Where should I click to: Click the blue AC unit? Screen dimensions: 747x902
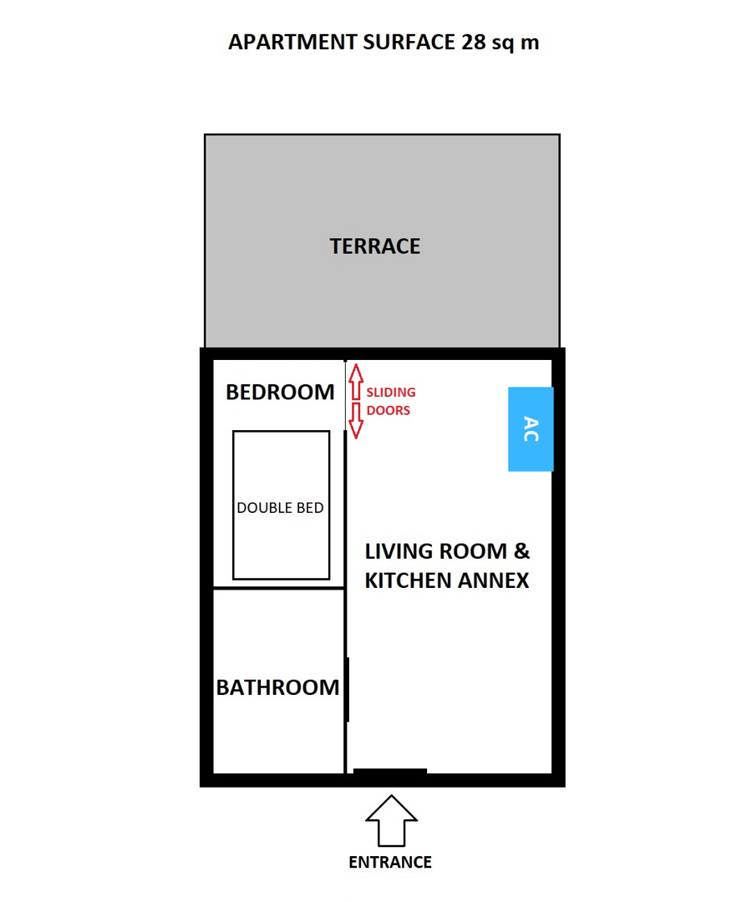click(x=531, y=429)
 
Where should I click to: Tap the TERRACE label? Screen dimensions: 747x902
click(x=374, y=246)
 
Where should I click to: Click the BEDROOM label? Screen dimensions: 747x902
click(x=280, y=392)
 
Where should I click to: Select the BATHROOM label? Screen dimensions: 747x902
click(x=277, y=687)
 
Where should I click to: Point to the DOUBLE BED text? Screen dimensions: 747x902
click(x=280, y=508)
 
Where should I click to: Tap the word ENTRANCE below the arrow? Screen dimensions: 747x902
click(x=390, y=862)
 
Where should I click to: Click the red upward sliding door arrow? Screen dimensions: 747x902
click(x=356, y=382)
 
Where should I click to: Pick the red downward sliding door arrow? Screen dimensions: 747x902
click(x=356, y=420)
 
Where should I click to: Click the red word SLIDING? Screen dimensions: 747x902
click(x=391, y=393)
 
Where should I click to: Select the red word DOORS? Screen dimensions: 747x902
click(x=389, y=410)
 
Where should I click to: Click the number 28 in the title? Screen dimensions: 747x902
click(x=474, y=42)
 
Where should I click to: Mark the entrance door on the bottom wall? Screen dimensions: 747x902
click(x=390, y=772)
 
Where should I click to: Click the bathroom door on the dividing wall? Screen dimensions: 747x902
click(x=348, y=690)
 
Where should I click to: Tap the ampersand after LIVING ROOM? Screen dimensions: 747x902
click(x=521, y=551)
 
